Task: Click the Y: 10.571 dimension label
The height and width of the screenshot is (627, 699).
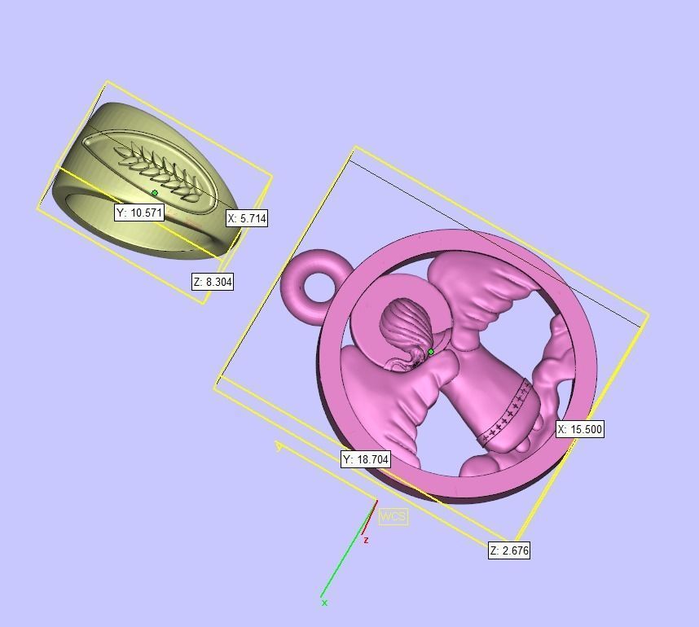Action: click(139, 213)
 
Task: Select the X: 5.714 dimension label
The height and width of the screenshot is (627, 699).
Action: click(246, 218)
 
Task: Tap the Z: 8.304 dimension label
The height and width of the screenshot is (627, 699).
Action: click(213, 282)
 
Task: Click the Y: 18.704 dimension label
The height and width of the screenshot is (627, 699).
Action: click(366, 459)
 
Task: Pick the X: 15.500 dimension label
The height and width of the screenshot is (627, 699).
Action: click(580, 429)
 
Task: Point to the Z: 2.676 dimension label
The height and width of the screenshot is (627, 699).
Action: click(509, 550)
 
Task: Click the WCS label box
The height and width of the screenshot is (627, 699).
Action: click(393, 516)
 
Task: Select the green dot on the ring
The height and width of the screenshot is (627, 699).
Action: click(155, 193)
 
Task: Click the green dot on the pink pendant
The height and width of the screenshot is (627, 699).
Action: click(431, 352)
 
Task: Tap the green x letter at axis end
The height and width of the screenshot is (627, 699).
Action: click(324, 603)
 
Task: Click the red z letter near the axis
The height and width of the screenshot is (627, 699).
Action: click(367, 540)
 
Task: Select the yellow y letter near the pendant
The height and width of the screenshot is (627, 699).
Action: click(279, 446)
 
